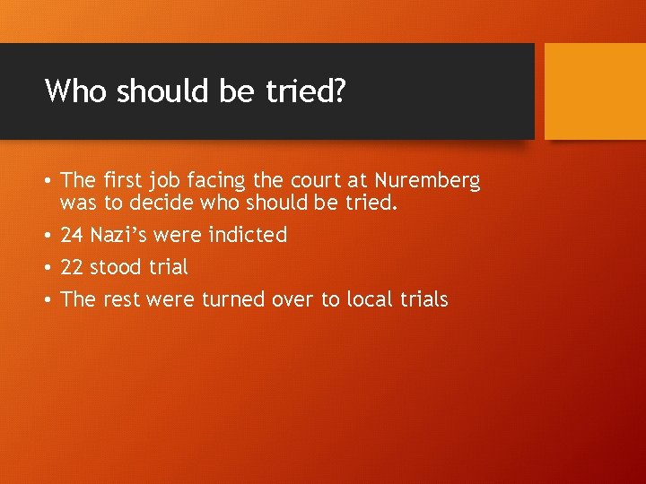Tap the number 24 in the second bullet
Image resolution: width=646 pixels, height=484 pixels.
point(72,236)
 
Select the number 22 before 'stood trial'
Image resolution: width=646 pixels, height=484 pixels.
point(72,267)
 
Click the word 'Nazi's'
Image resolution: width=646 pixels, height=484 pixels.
point(118,236)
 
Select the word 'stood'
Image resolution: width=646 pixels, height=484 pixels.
point(115,267)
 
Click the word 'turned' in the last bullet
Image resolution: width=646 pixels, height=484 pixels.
point(231,299)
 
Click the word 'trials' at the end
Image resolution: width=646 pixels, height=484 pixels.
point(421,299)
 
